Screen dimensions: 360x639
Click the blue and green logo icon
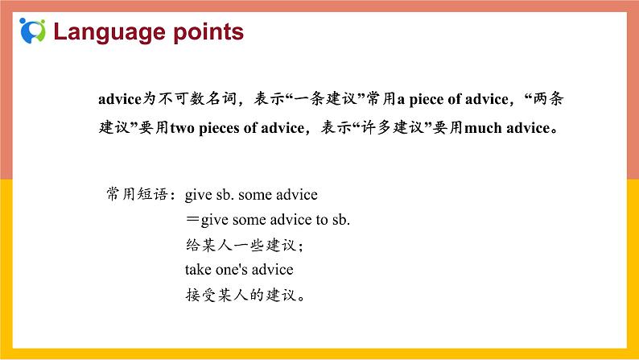click(33, 31)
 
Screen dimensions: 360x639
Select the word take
click(197, 270)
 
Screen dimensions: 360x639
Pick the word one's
click(233, 270)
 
